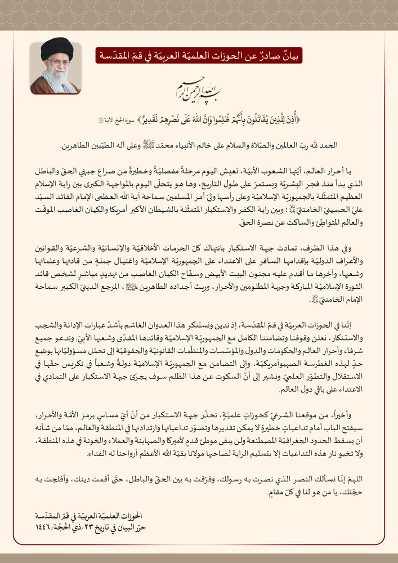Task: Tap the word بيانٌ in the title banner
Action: click(x=291, y=56)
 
